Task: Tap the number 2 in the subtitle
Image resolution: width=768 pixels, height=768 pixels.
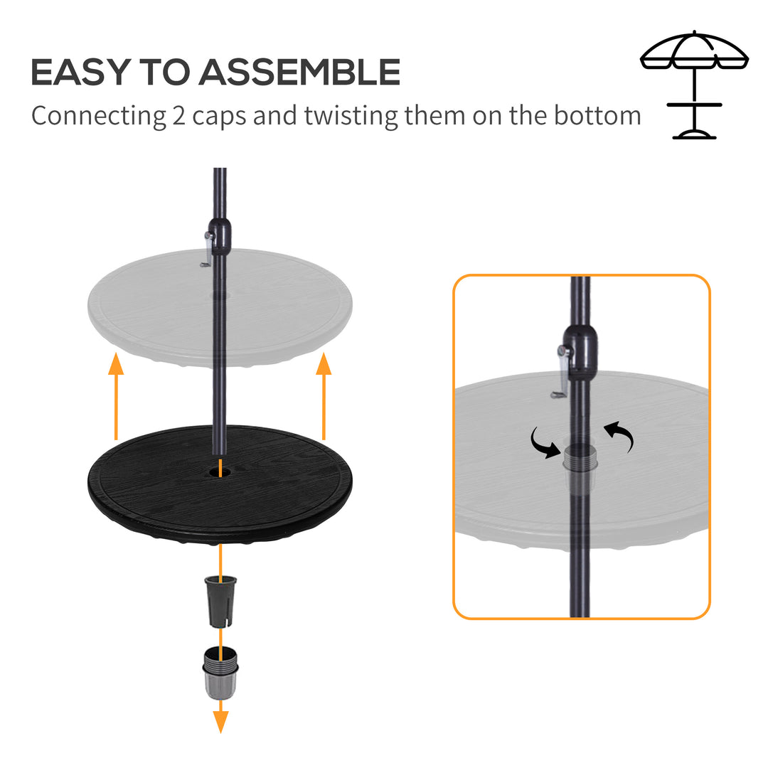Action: pyautogui.click(x=179, y=115)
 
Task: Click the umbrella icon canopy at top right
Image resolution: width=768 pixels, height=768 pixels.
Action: pyautogui.click(x=694, y=51)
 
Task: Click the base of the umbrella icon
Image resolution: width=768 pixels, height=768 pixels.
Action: pyautogui.click(x=694, y=134)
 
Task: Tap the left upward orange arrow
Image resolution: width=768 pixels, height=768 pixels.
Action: pyautogui.click(x=116, y=398)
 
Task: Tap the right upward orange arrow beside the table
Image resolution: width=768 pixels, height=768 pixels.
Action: pyautogui.click(x=324, y=398)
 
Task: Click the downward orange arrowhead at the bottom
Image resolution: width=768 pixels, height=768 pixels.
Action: pyautogui.click(x=221, y=721)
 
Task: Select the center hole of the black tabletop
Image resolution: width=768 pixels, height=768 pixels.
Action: pyautogui.click(x=220, y=472)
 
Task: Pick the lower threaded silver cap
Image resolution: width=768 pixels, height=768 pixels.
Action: pyautogui.click(x=221, y=672)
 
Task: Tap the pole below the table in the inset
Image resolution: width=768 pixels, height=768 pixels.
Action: pyautogui.click(x=580, y=569)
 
